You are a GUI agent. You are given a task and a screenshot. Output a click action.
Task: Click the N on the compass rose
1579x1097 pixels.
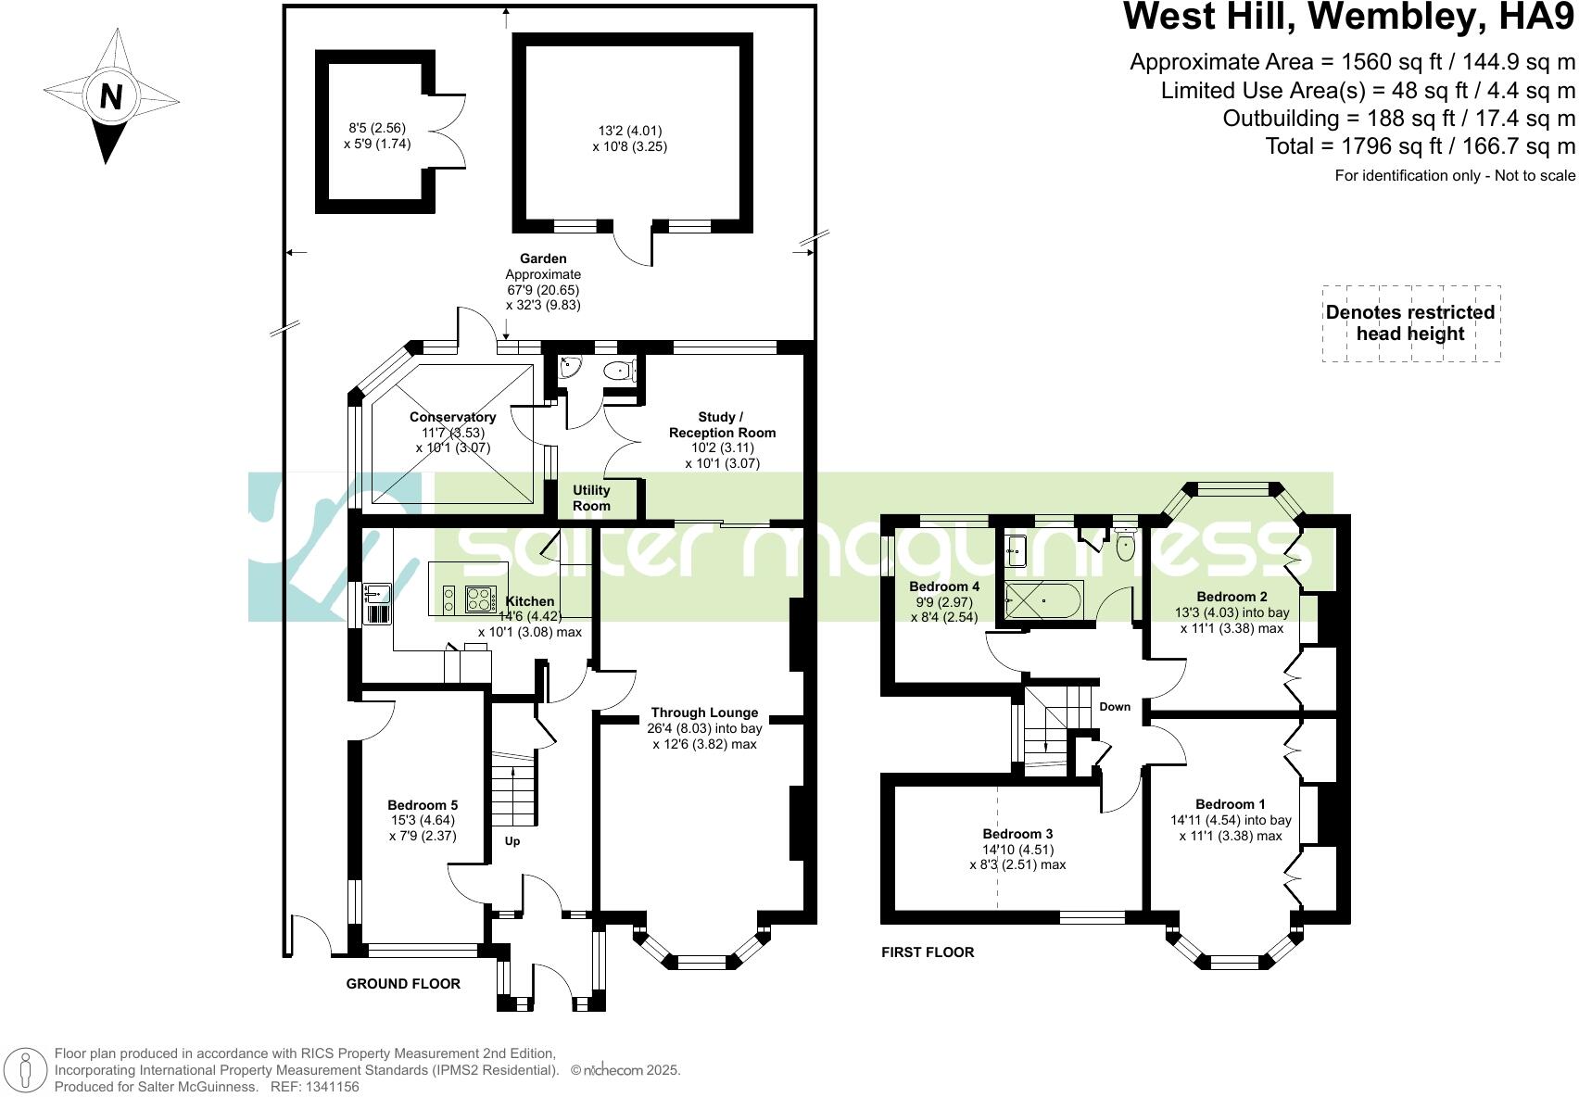point(110,96)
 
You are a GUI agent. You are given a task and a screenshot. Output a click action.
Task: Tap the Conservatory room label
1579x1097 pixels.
point(452,418)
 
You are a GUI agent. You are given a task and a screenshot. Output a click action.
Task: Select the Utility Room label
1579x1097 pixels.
point(591,498)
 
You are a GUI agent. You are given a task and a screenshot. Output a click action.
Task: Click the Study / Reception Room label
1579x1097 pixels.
point(722,425)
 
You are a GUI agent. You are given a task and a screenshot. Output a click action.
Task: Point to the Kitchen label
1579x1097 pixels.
point(530,601)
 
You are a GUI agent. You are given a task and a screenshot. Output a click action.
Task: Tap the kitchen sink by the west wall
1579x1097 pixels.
point(378,592)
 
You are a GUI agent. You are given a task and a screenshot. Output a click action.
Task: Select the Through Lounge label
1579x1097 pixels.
point(704,712)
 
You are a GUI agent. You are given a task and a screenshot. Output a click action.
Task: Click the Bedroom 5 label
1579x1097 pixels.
point(423,805)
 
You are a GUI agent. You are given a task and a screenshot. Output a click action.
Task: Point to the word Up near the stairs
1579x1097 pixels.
point(512,841)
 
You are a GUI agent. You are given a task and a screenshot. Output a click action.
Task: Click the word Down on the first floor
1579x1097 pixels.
point(1115,707)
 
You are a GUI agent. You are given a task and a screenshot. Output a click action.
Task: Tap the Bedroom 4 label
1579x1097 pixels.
point(944,586)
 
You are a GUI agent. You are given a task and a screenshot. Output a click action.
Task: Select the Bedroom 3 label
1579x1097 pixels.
point(1017,834)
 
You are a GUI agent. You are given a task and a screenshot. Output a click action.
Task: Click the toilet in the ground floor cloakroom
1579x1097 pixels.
point(618,372)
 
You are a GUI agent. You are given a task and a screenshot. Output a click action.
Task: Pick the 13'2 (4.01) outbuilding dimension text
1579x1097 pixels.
point(630,131)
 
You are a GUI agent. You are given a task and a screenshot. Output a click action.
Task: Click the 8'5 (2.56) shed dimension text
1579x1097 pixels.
point(377,129)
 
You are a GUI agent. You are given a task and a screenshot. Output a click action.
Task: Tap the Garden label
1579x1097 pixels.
point(543,258)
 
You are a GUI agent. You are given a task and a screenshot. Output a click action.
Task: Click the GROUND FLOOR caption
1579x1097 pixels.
point(403,984)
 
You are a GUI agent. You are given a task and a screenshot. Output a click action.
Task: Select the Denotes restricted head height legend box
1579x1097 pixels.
point(1410,323)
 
